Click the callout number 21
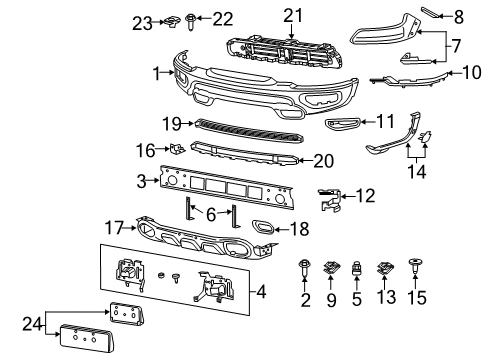click(292, 14)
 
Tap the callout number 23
click(142, 19)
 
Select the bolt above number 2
click(305, 268)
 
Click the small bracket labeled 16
click(176, 149)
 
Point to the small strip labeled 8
click(431, 12)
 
